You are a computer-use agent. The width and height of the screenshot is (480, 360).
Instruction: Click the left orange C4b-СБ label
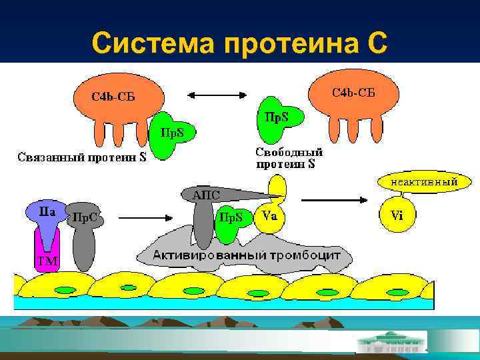(x=113, y=97)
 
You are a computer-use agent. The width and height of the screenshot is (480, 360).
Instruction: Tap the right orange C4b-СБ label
(x=353, y=91)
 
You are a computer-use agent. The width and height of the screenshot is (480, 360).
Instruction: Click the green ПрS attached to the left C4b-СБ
(x=177, y=134)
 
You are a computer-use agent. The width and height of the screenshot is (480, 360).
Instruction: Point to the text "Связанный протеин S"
(x=81, y=158)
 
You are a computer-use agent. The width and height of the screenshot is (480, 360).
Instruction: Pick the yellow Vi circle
(x=397, y=215)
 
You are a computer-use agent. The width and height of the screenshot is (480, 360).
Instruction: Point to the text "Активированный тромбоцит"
(x=247, y=255)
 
